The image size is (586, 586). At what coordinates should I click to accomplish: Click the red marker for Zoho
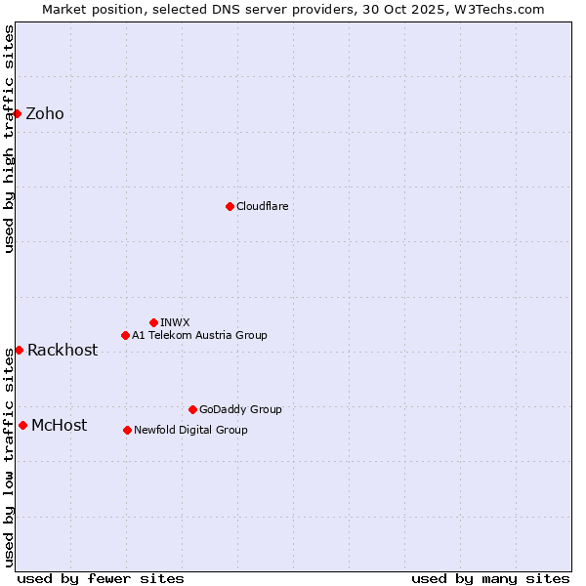(x=18, y=113)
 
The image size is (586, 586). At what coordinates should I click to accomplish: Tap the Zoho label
(x=45, y=114)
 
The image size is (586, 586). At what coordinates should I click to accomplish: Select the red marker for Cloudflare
(x=230, y=206)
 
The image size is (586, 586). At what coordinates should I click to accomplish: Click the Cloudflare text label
(x=263, y=206)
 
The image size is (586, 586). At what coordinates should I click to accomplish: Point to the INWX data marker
(x=153, y=322)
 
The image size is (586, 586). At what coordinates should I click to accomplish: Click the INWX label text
(x=175, y=322)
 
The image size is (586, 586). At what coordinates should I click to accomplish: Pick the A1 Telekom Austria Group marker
(x=125, y=335)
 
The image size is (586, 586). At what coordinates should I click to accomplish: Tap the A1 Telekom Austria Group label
(x=199, y=335)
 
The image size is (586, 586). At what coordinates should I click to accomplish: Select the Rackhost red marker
(x=19, y=350)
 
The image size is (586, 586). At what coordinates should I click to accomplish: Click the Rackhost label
(x=63, y=351)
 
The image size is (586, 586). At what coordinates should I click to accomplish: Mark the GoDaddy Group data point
(x=192, y=409)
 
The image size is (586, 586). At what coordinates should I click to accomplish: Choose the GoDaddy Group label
(x=240, y=409)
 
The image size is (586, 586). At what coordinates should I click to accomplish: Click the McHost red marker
(x=22, y=425)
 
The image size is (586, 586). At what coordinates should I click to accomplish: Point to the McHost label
(x=59, y=426)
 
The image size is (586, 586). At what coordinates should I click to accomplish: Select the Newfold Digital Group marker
(x=127, y=430)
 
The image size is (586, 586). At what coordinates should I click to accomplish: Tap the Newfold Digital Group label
(x=190, y=430)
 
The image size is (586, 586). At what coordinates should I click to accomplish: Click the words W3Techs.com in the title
(x=503, y=9)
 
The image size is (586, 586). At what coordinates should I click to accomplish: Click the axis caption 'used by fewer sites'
(x=101, y=578)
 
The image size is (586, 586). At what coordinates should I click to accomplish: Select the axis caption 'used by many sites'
(x=490, y=578)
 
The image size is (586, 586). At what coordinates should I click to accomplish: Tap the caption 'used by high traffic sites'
(x=9, y=139)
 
